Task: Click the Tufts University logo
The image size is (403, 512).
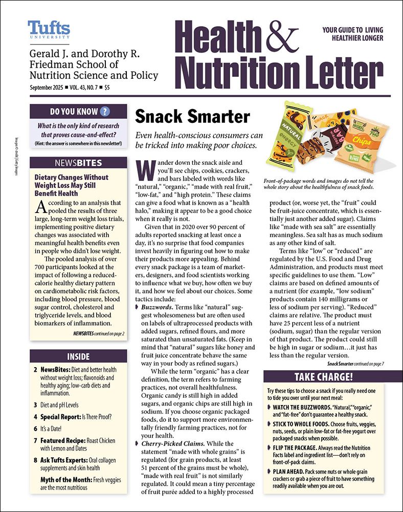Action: (x=49, y=30)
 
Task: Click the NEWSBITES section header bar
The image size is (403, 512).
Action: (x=78, y=163)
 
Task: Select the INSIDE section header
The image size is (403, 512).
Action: (x=78, y=356)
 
